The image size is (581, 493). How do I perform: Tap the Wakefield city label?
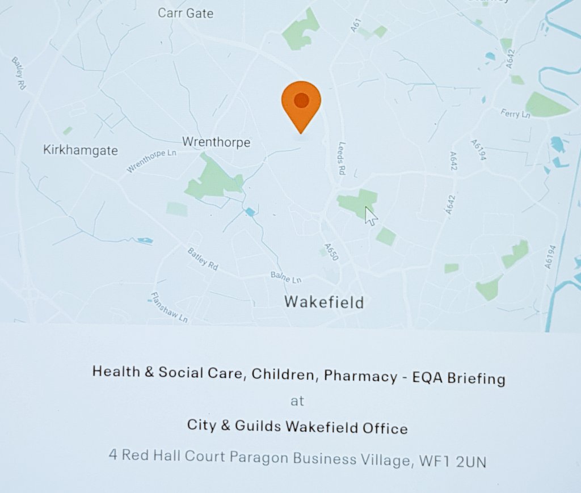coord(324,302)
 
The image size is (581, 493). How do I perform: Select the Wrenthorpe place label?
coord(216,142)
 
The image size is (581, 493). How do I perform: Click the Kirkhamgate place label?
coord(81,150)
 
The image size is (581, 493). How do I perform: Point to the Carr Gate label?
coord(186,12)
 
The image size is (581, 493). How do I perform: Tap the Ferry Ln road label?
coord(515,113)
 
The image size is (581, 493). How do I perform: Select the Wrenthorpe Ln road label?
coord(152,160)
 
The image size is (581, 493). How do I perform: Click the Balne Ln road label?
coord(287,278)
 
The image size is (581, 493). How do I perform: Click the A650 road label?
coord(331,251)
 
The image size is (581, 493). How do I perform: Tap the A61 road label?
coord(356,26)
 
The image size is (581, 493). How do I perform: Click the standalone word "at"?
coord(297,401)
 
